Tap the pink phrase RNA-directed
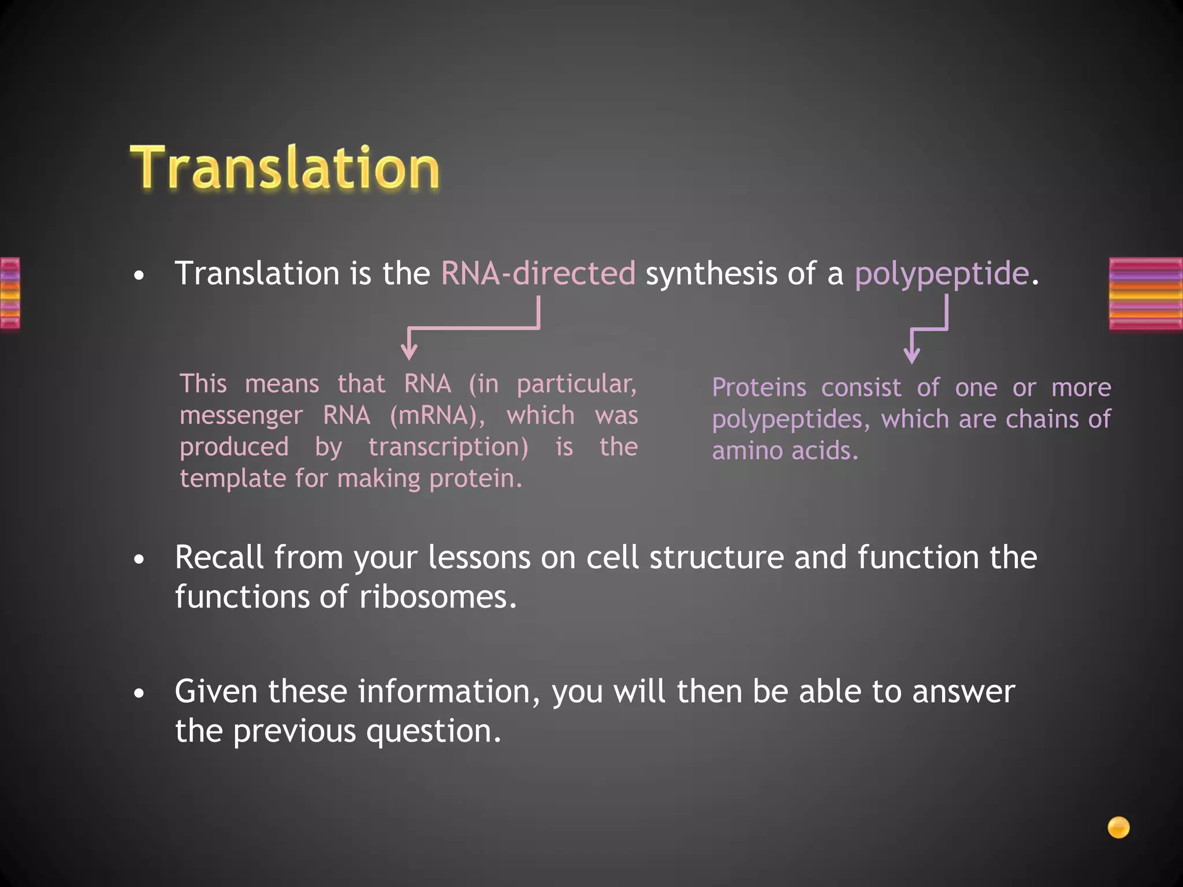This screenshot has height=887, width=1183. pos(538,273)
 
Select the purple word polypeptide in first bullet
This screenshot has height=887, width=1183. pos(942,274)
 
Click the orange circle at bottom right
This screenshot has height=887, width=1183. pos(1118,827)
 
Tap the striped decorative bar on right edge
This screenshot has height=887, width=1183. pos(1145,293)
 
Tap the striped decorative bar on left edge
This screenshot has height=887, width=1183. pos(10,293)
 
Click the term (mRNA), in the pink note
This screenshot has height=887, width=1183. pos(437,416)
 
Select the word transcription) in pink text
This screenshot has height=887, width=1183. pos(448,448)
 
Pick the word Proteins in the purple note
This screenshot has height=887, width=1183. pos(759,387)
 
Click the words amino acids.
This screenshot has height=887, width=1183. pos(784,451)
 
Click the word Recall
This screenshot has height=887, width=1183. pos(219,558)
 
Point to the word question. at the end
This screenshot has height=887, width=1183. pos(433,731)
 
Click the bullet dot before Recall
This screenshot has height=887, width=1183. pos(139,560)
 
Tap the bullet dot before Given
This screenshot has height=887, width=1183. pos(139,693)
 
